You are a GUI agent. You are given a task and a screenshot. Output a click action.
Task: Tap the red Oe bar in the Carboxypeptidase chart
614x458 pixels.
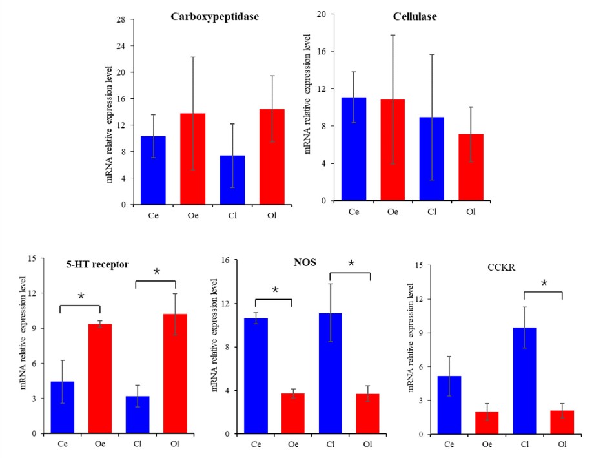pos(192,159)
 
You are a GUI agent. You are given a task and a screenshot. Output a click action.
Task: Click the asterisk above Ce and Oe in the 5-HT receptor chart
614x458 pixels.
pos(81,297)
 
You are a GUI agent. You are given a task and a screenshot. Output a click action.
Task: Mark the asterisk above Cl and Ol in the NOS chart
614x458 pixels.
pos(351,264)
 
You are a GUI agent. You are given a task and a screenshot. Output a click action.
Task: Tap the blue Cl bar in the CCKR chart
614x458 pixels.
pos(524,381)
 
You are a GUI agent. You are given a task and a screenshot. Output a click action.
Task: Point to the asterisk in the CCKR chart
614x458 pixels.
pos(544,284)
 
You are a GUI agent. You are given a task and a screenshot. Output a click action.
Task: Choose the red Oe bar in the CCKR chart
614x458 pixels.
pos(486,423)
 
